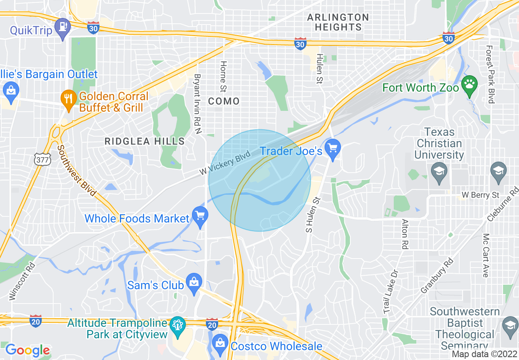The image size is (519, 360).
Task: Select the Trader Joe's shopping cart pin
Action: [x=333, y=148]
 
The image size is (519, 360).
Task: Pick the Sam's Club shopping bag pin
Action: [x=194, y=282]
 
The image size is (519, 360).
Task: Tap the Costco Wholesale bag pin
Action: [x=220, y=343]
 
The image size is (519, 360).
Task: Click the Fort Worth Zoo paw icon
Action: [x=469, y=85]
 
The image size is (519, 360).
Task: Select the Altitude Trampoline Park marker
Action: [x=178, y=325]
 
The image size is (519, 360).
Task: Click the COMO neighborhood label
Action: [x=224, y=101]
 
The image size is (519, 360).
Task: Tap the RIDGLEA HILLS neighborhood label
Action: [x=144, y=142]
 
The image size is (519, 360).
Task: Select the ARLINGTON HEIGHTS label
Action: [x=338, y=22]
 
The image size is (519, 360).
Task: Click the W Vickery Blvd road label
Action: [x=225, y=163]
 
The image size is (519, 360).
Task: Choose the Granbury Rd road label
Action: [x=437, y=275]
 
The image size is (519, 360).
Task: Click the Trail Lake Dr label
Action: [x=390, y=292]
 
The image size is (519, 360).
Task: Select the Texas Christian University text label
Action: [x=439, y=143]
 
